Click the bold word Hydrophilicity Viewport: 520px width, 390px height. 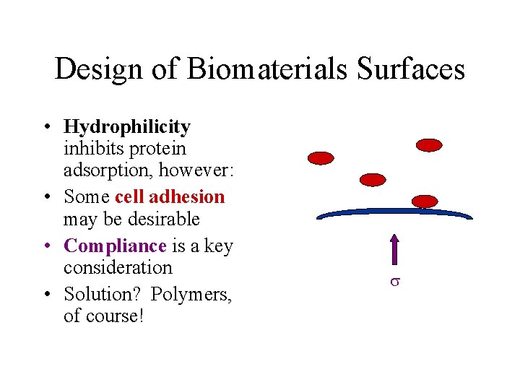pos(127,127)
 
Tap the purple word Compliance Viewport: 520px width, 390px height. pos(116,246)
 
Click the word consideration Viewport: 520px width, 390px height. pos(118,268)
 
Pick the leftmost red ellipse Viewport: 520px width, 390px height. pos(321,157)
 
